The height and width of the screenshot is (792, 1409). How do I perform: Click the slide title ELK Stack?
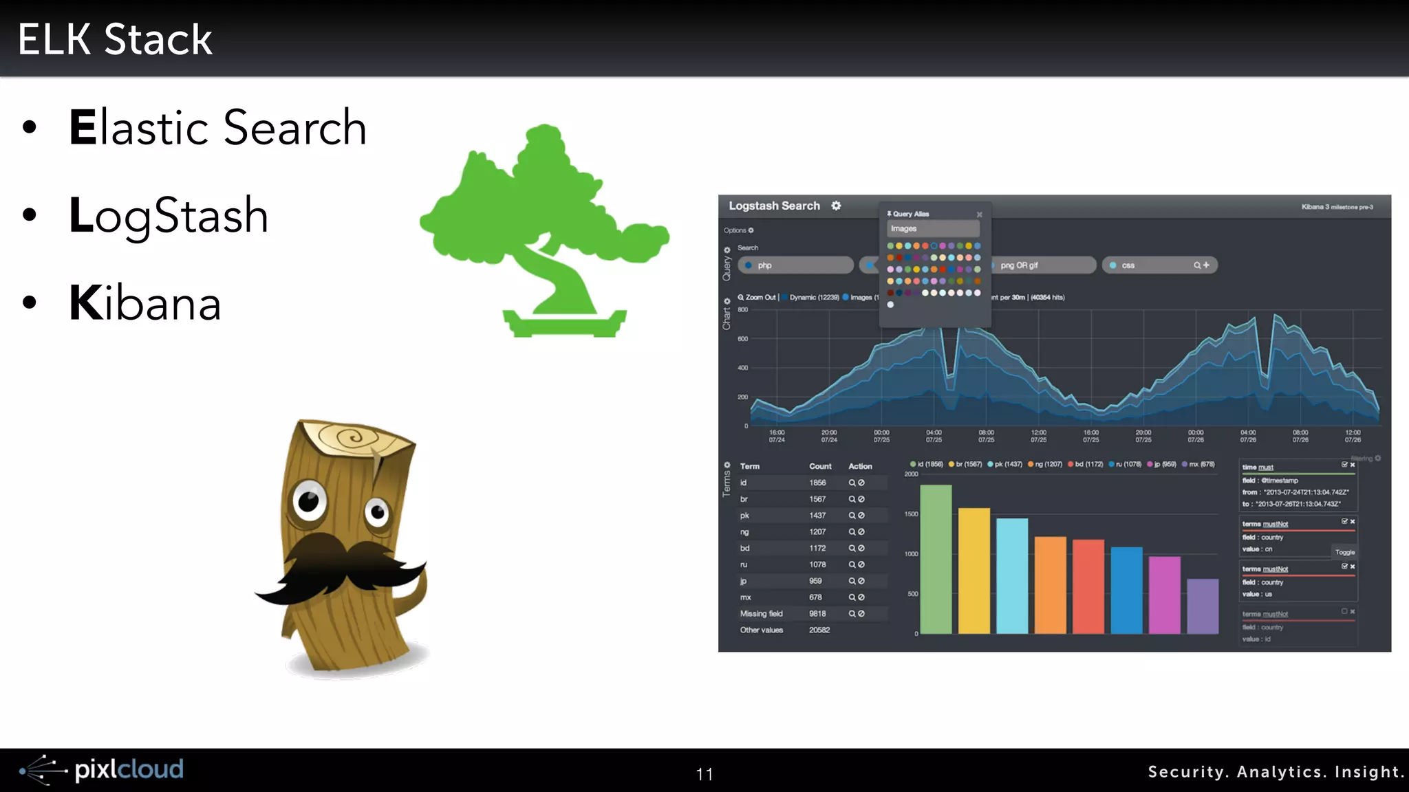[x=115, y=39]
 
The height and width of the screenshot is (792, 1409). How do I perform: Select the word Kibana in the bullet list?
[x=145, y=303]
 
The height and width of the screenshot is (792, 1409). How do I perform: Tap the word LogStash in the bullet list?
[x=169, y=216]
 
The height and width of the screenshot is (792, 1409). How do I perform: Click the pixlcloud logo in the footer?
[x=102, y=770]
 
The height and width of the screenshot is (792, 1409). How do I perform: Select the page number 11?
[x=704, y=774]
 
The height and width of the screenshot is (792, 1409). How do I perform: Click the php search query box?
[x=795, y=265]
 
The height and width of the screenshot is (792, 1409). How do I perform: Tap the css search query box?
[x=1159, y=265]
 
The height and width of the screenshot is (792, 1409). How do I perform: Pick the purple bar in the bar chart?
[x=1203, y=606]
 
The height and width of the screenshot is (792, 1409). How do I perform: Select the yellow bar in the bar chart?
[x=974, y=571]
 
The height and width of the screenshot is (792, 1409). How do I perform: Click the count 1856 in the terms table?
[x=817, y=483]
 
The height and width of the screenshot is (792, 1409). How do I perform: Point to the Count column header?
[x=820, y=466]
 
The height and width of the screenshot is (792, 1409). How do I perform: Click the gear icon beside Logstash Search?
[x=836, y=206]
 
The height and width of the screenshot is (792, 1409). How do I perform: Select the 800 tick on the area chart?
[x=743, y=310]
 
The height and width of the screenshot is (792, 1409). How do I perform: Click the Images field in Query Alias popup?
[x=932, y=229]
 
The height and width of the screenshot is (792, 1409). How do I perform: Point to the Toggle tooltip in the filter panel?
[x=1344, y=552]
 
